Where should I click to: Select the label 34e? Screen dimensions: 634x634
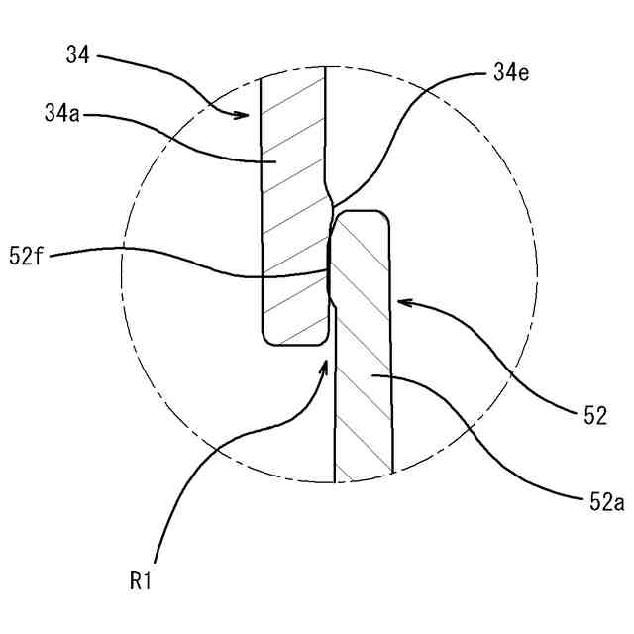coord(510,72)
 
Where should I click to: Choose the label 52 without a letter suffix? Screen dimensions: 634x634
coord(594,417)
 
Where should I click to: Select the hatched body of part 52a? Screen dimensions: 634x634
coord(364,396)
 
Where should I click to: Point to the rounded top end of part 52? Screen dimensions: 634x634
coord(362,213)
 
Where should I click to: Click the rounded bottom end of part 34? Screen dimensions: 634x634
coord(295,342)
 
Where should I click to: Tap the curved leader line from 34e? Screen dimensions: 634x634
coord(396,139)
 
